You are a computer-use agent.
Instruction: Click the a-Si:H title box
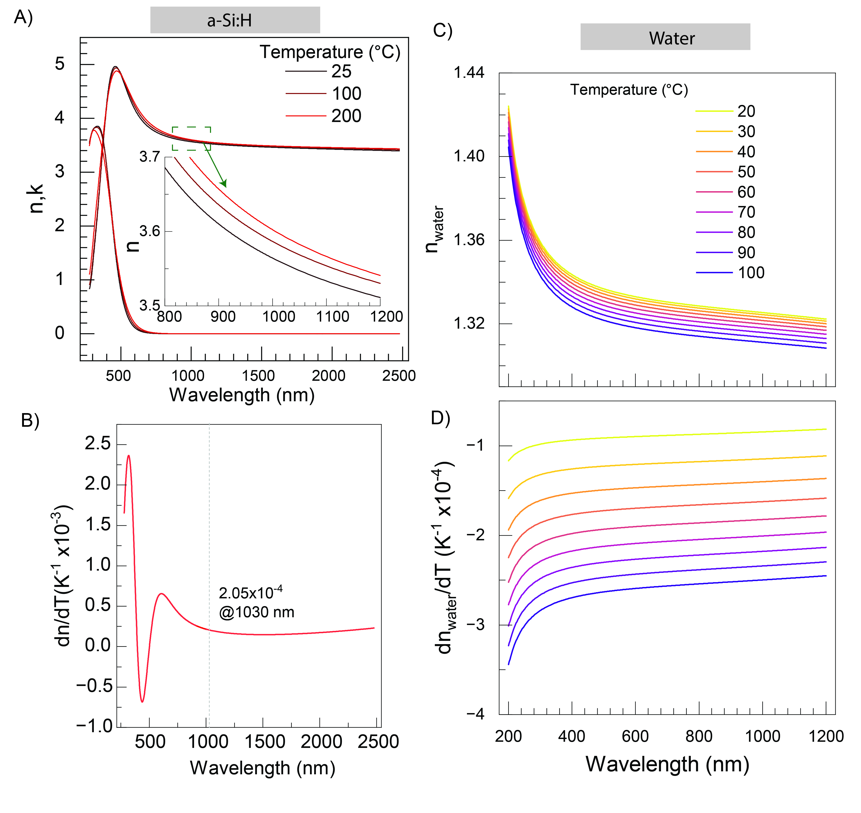pyautogui.click(x=235, y=20)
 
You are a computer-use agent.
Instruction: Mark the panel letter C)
pyautogui.click(x=442, y=31)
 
